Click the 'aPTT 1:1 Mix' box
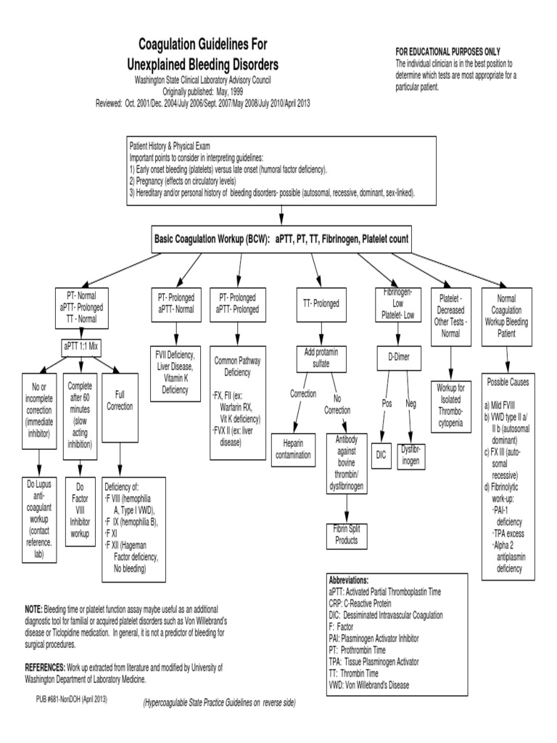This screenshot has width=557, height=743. coord(79,345)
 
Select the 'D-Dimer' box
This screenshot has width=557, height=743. coord(397,356)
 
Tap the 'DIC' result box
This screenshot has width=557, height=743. coord(382,453)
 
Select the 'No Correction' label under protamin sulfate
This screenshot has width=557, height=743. coord(337,403)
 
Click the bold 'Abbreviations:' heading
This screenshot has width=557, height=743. coord(358,580)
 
